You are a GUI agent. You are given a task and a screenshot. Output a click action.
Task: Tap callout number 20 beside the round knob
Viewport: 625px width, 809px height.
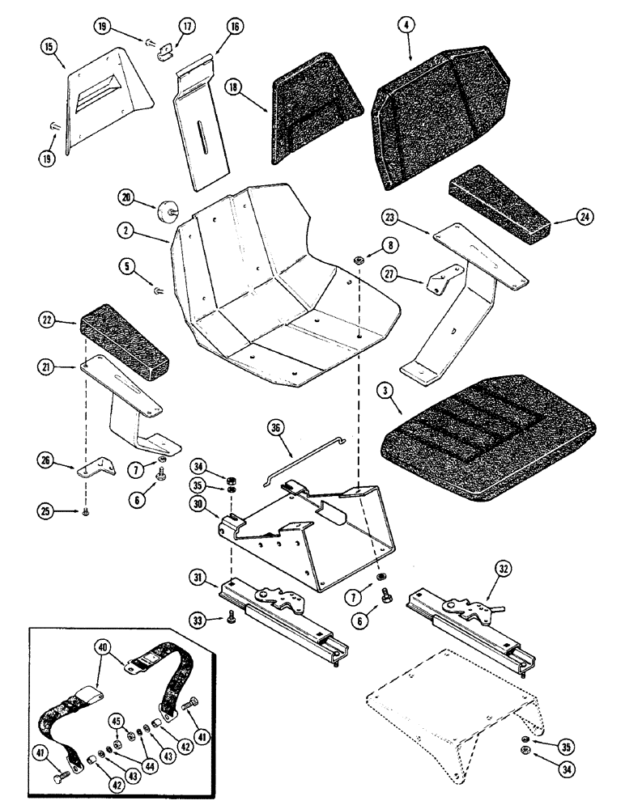pos(125,196)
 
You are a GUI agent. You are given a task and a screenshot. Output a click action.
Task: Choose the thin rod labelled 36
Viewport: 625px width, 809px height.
pos(304,461)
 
